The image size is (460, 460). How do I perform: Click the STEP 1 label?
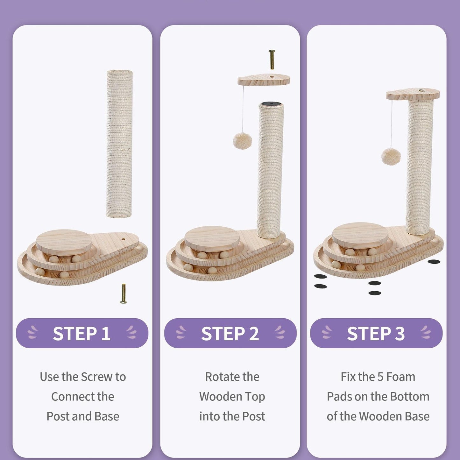click(82, 333)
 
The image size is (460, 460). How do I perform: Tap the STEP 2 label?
click(230, 333)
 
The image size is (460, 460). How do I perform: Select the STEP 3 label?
click(376, 333)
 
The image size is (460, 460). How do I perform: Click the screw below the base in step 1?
click(123, 294)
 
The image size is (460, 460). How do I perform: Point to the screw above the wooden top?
click(272, 60)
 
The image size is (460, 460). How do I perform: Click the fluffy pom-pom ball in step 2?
click(242, 141)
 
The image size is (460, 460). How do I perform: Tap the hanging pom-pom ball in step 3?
click(391, 156)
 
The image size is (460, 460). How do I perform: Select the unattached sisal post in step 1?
click(119, 144)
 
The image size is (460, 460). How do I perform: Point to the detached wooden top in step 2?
click(264, 80)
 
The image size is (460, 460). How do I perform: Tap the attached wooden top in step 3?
click(413, 94)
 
